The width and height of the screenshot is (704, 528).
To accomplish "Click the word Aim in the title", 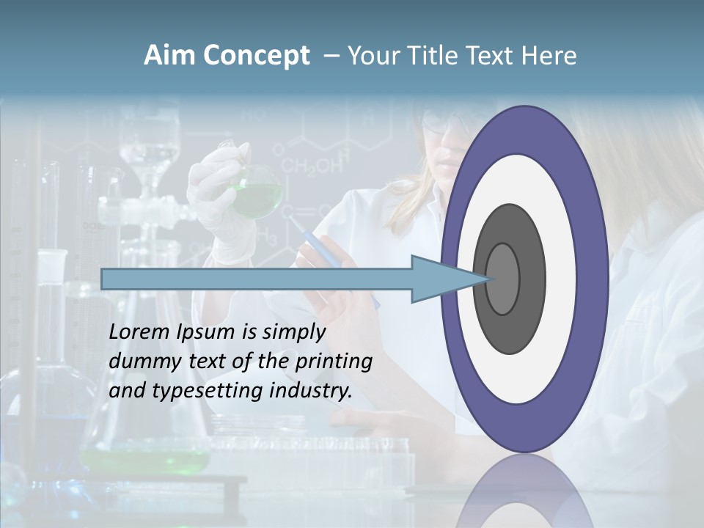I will [169, 56].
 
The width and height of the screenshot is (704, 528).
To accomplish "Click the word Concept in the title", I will [256, 56].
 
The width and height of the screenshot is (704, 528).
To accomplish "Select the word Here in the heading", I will [549, 56].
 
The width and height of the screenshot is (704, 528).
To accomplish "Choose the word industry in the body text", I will [311, 391].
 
